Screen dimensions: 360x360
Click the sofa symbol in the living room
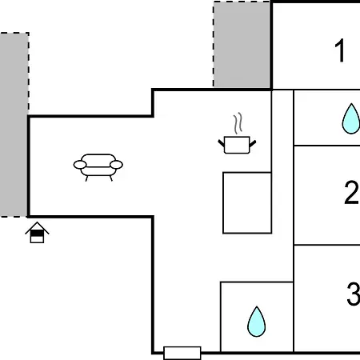click(x=98, y=167)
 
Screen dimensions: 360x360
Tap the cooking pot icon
click(x=237, y=145)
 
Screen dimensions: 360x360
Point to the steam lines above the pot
click(x=238, y=123)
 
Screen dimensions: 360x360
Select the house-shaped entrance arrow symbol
click(x=37, y=232)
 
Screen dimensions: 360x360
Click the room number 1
click(x=340, y=50)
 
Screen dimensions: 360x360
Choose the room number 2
click(x=351, y=192)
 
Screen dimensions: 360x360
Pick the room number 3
click(x=354, y=294)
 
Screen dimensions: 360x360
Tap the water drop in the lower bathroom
click(x=257, y=322)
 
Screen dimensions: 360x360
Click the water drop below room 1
click(x=351, y=118)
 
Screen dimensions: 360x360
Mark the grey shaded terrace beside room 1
click(x=242, y=44)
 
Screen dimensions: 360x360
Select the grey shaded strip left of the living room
click(x=14, y=125)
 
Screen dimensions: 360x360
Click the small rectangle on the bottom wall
click(x=182, y=353)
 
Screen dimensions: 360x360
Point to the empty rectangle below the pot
click(x=247, y=203)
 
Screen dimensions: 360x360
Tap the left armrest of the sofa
click(x=80, y=165)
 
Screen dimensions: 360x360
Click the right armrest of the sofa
click(x=116, y=165)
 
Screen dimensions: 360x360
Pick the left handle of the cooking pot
click(x=222, y=143)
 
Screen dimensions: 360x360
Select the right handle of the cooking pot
click(x=253, y=143)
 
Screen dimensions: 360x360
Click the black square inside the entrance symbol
click(x=37, y=234)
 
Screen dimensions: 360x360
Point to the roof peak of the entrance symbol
click(x=37, y=222)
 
